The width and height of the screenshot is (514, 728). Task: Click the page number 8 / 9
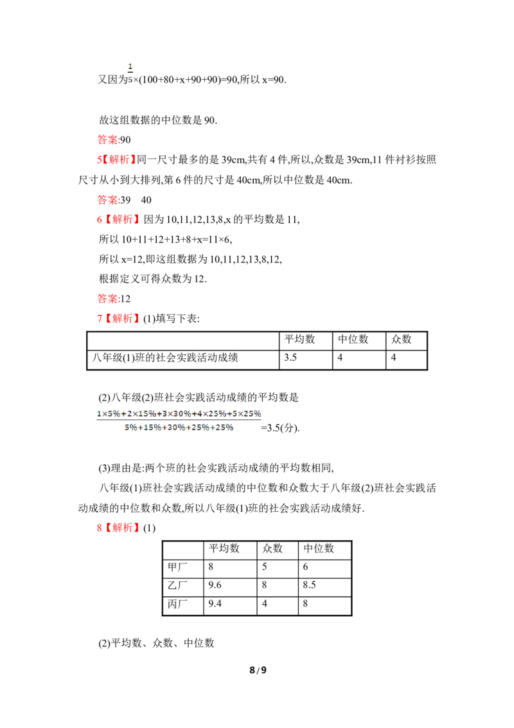click(x=258, y=670)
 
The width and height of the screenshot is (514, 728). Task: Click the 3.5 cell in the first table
click(x=290, y=358)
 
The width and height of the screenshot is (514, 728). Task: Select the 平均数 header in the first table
click(x=299, y=340)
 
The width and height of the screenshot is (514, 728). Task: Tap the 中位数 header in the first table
click(x=353, y=340)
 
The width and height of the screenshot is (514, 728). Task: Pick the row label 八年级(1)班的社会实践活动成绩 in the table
click(x=165, y=358)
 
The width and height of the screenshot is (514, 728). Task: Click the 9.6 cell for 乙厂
click(x=215, y=585)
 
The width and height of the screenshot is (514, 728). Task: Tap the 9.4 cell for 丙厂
click(x=215, y=604)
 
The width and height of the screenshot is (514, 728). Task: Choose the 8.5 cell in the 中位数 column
click(x=310, y=585)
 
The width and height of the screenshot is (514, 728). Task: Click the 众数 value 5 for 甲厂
click(x=265, y=567)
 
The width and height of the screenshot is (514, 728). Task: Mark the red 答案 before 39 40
click(x=108, y=200)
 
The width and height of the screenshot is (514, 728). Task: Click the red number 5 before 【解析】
click(x=100, y=159)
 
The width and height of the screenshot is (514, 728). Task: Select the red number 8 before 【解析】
click(x=100, y=528)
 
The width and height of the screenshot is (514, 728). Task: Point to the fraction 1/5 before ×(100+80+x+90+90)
click(x=130, y=73)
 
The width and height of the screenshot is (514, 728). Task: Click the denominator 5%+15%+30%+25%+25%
click(x=179, y=428)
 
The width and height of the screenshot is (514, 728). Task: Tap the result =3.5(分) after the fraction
click(x=281, y=428)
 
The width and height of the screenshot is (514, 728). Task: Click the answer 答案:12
click(x=114, y=298)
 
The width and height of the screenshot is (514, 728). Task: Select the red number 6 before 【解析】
click(x=100, y=219)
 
